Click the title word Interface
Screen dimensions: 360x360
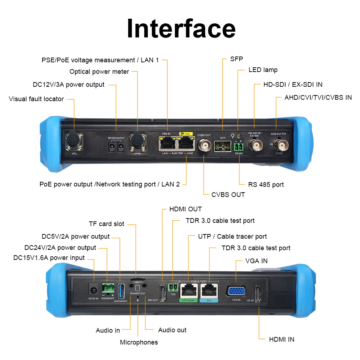(x=181, y=29)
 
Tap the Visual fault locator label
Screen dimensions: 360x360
(x=36, y=99)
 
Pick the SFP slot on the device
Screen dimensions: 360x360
(x=222, y=146)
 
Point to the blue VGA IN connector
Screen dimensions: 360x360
(x=236, y=291)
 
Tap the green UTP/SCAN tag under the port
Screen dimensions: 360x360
(x=188, y=300)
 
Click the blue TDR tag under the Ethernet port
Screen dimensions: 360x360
(x=209, y=300)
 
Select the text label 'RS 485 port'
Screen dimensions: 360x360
(x=266, y=185)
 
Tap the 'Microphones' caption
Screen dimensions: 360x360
(x=139, y=342)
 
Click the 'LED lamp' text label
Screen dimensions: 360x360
(x=263, y=70)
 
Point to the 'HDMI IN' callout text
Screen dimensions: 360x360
(x=282, y=339)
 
